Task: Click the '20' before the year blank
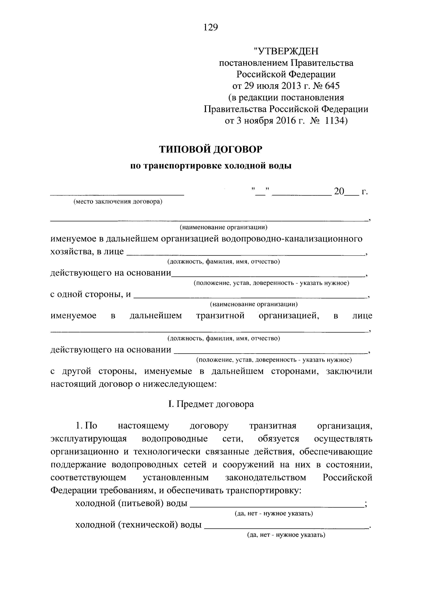[x=339, y=192]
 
